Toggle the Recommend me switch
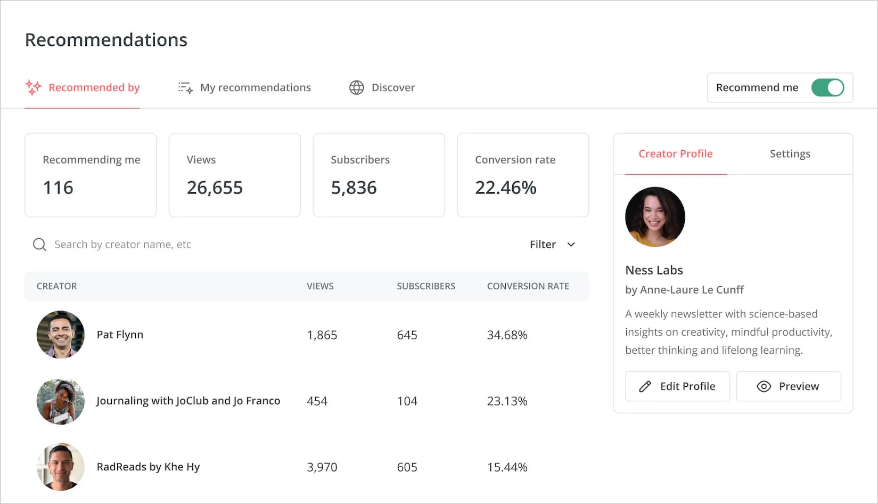point(827,87)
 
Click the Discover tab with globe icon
point(382,87)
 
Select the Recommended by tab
point(83,87)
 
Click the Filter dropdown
point(552,245)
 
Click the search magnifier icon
point(39,245)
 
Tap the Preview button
point(788,386)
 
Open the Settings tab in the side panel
point(790,154)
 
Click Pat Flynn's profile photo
point(61,335)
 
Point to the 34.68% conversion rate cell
point(507,335)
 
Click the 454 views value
point(317,401)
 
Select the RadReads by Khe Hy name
point(148,467)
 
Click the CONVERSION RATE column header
point(528,286)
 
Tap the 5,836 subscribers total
point(354,188)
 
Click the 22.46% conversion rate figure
point(505,188)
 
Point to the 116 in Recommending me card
point(58,188)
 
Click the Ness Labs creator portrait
point(655,217)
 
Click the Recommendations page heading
point(106,40)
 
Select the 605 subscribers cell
point(407,467)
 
